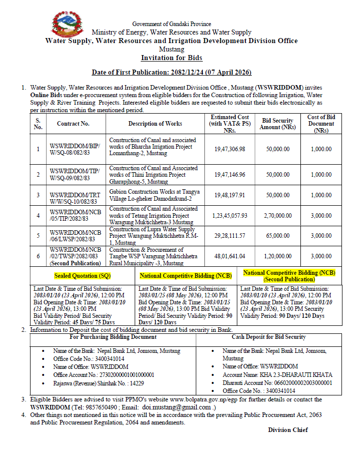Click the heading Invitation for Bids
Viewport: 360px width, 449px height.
tap(171, 58)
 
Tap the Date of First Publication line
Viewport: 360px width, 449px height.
tap(171, 73)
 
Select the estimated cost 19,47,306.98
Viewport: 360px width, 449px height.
tap(230, 149)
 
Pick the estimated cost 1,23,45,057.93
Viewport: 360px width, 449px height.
tap(230, 215)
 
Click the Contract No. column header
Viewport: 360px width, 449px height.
tap(73, 124)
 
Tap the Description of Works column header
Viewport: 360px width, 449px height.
tap(155, 124)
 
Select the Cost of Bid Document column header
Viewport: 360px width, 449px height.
tap(321, 124)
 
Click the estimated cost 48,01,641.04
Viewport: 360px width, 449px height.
tap(230, 256)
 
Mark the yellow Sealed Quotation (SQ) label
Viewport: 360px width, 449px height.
tap(83, 276)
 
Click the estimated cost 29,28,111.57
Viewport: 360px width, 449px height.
tap(230, 235)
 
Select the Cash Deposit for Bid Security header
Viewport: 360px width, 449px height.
tap(268, 337)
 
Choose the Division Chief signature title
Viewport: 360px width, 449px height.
tap(287, 430)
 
